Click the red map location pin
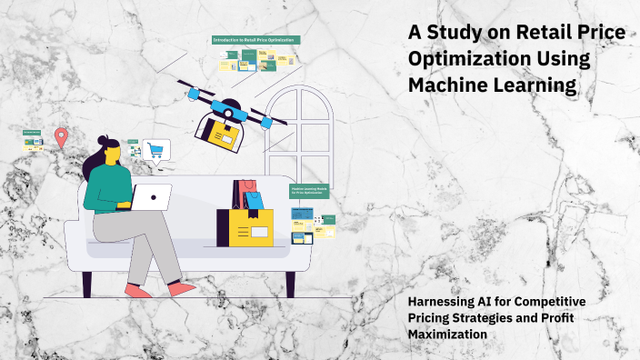click(x=61, y=137)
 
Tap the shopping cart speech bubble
click(x=156, y=150)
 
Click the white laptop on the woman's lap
click(x=152, y=195)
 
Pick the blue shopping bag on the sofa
click(x=254, y=200)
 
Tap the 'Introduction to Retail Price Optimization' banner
click(x=255, y=41)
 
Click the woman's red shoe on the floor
click(x=138, y=291)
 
